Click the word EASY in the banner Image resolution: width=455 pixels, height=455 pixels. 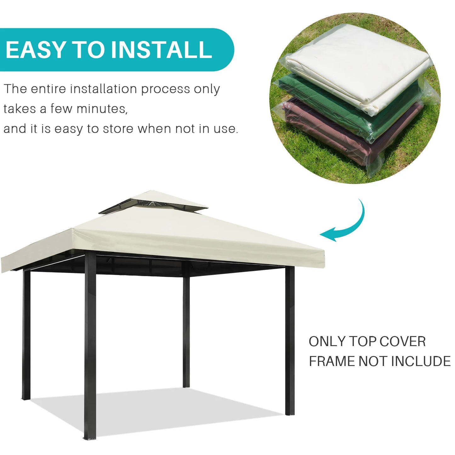tap(35, 50)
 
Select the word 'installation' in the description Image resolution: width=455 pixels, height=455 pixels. tap(104, 89)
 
